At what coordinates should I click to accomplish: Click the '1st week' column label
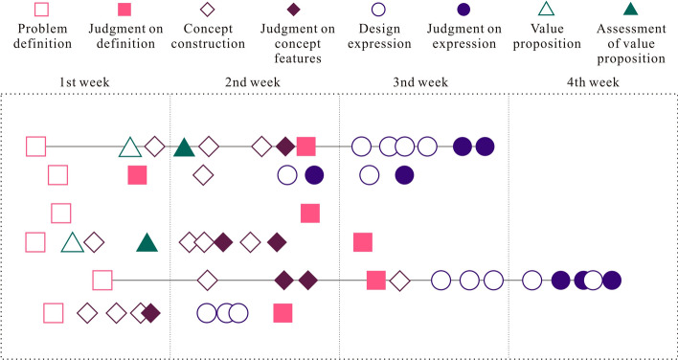click(x=85, y=82)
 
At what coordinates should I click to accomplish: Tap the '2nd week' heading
click(x=253, y=82)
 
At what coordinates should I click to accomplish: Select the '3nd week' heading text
click(x=420, y=82)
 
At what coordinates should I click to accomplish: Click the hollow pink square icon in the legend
click(x=41, y=11)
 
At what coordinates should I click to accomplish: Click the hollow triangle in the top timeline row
click(x=129, y=147)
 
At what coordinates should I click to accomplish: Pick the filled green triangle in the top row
click(x=184, y=147)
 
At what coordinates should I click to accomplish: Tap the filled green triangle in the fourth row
click(x=147, y=242)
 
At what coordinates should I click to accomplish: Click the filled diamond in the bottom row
click(x=150, y=312)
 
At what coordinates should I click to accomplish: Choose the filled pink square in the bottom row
click(x=282, y=312)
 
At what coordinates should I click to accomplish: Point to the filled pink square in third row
click(x=310, y=213)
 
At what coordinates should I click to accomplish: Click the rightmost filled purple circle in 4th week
click(x=611, y=281)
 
